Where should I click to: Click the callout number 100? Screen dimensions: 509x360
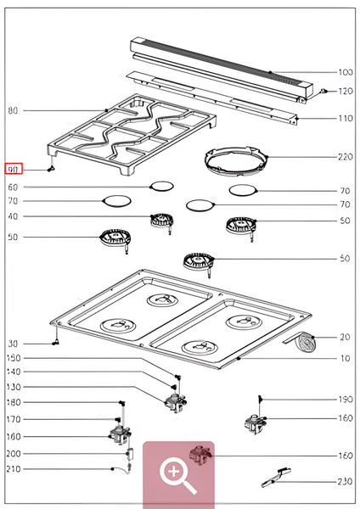[345, 72]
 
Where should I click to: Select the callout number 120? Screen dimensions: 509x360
[345, 91]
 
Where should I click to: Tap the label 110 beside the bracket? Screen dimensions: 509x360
[345, 118]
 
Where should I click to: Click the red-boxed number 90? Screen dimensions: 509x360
[13, 169]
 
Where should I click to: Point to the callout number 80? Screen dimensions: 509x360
[13, 111]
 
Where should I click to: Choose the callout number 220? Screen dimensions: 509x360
[345, 157]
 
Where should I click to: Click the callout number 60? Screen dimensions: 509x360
[13, 187]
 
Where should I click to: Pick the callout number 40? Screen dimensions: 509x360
[13, 217]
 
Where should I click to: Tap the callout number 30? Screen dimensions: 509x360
[13, 344]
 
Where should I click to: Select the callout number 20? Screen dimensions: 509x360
[346, 337]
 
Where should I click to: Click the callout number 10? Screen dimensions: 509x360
[346, 359]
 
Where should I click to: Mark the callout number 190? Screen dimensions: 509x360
[345, 399]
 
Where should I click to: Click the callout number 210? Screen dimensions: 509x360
[13, 469]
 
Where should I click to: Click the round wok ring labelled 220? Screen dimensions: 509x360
[234, 159]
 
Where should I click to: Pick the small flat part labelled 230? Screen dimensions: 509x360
[278, 478]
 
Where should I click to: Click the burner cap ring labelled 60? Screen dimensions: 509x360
[160, 187]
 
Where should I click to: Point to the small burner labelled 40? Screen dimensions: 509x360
[161, 221]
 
